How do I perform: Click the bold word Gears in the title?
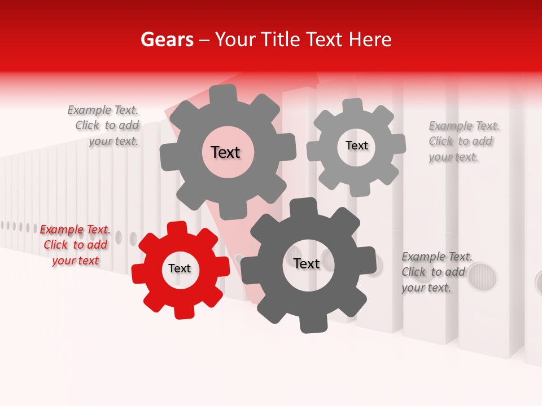pos(167,39)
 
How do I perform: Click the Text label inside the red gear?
pos(180,269)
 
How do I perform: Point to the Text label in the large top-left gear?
pos(225,152)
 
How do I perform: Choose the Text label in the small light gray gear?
pos(356,145)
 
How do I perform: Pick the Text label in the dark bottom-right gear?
pos(307,263)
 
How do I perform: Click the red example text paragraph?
pos(75,245)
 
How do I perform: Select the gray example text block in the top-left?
pos(104,125)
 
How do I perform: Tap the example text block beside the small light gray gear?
pos(463,141)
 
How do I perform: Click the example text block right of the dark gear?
pos(435,272)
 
